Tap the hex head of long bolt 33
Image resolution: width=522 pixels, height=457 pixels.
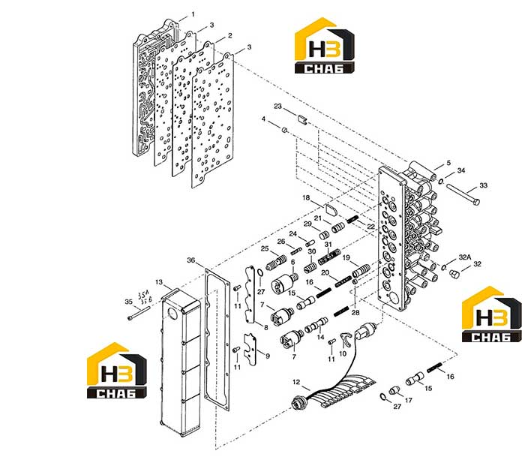click(x=475, y=202)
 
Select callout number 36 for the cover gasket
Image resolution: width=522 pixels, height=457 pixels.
click(x=190, y=260)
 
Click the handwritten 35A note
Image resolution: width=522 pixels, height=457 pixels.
click(x=143, y=295)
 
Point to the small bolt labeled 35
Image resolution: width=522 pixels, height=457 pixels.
click(x=139, y=313)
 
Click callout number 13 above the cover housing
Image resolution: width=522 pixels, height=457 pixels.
click(x=159, y=282)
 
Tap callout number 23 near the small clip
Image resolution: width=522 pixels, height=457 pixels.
click(x=277, y=106)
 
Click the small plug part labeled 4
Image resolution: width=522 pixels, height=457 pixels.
click(x=285, y=130)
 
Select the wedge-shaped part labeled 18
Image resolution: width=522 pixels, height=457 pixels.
click(x=331, y=211)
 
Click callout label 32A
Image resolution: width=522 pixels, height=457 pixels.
click(x=465, y=257)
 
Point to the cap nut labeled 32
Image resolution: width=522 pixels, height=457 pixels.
click(x=454, y=273)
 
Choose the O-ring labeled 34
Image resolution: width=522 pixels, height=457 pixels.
click(x=440, y=181)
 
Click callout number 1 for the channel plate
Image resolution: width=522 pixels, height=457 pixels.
click(x=193, y=14)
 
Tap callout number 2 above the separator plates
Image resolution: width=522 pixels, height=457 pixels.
click(x=229, y=35)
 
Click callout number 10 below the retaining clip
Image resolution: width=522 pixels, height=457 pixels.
click(x=343, y=353)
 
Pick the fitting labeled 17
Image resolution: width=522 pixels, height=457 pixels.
click(x=394, y=390)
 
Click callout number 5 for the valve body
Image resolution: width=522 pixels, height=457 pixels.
click(x=448, y=163)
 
